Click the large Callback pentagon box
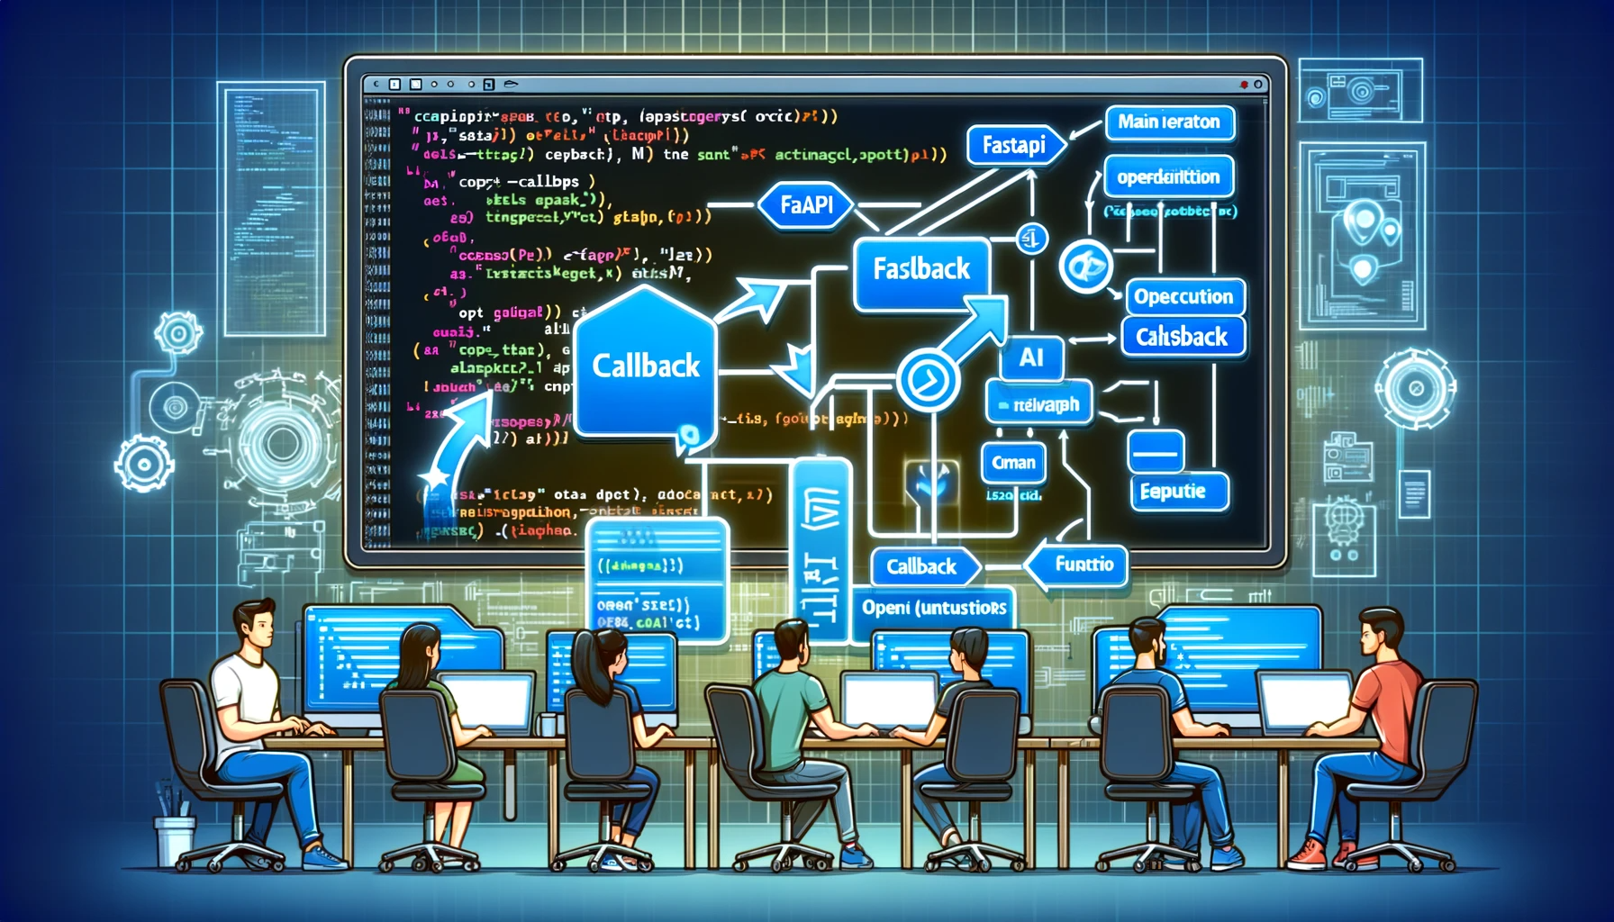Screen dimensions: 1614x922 tap(645, 366)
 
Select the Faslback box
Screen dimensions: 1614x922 tap(920, 269)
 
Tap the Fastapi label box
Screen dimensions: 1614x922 tap(1013, 145)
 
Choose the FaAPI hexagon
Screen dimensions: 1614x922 tap(806, 205)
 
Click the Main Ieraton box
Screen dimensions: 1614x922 tap(1168, 122)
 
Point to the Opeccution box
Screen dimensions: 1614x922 tap(1183, 296)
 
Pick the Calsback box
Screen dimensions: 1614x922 tap(1182, 337)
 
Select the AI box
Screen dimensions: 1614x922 tap(1031, 358)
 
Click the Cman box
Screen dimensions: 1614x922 tap(1013, 463)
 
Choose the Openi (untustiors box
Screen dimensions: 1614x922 tap(933, 608)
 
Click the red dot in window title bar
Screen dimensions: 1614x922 tap(1244, 85)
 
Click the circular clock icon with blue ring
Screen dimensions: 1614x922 tap(927, 381)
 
